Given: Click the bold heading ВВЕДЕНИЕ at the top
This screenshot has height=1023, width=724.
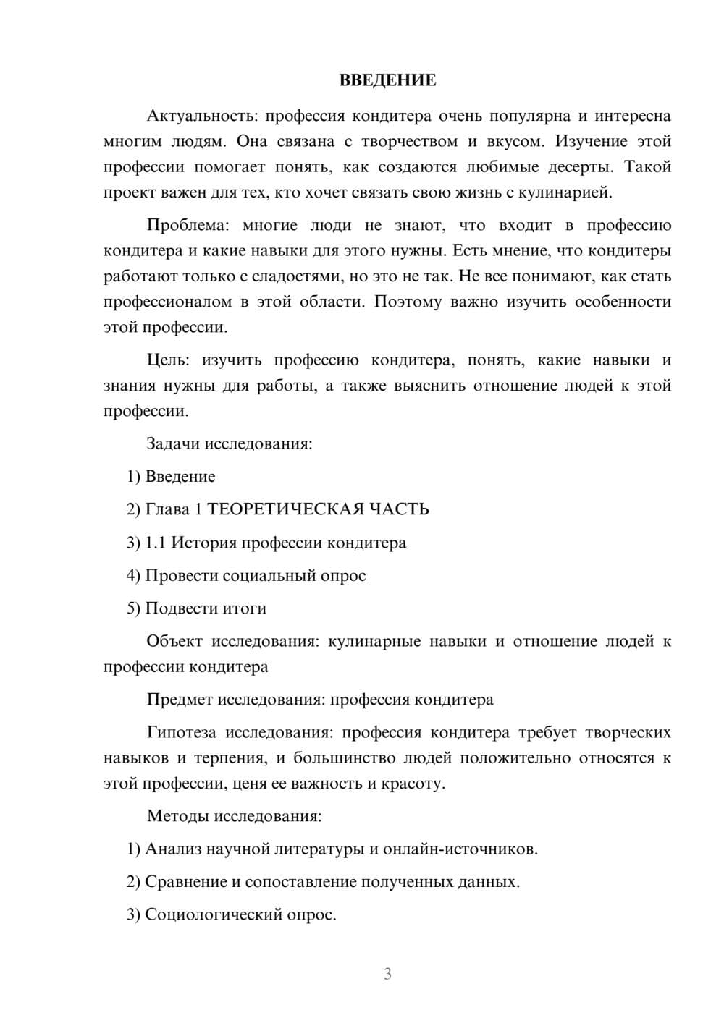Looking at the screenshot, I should tap(387, 80).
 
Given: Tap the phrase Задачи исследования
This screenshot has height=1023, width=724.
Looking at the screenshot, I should tap(229, 443).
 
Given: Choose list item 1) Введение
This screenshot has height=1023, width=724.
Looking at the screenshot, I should tap(171, 477).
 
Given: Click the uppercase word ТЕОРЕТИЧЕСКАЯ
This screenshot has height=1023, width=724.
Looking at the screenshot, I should tap(285, 509).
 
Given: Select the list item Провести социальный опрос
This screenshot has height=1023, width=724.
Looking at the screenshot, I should tap(255, 576).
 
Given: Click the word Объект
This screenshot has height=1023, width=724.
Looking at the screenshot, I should tap(174, 642).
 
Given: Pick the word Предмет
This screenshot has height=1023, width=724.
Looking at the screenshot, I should tap(180, 700).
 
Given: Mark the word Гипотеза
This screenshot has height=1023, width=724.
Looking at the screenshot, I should tap(181, 733).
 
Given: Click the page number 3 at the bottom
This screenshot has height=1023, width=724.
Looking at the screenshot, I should tap(387, 974).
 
